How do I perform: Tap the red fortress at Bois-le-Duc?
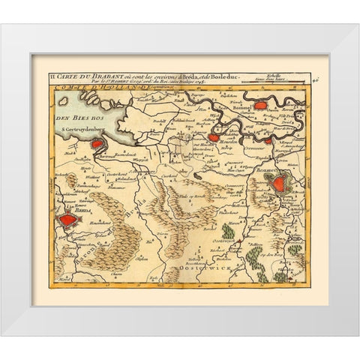pyautogui.click(x=282, y=182)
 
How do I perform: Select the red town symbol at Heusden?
pyautogui.click(x=214, y=137)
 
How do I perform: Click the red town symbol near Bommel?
pyautogui.click(x=260, y=106)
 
